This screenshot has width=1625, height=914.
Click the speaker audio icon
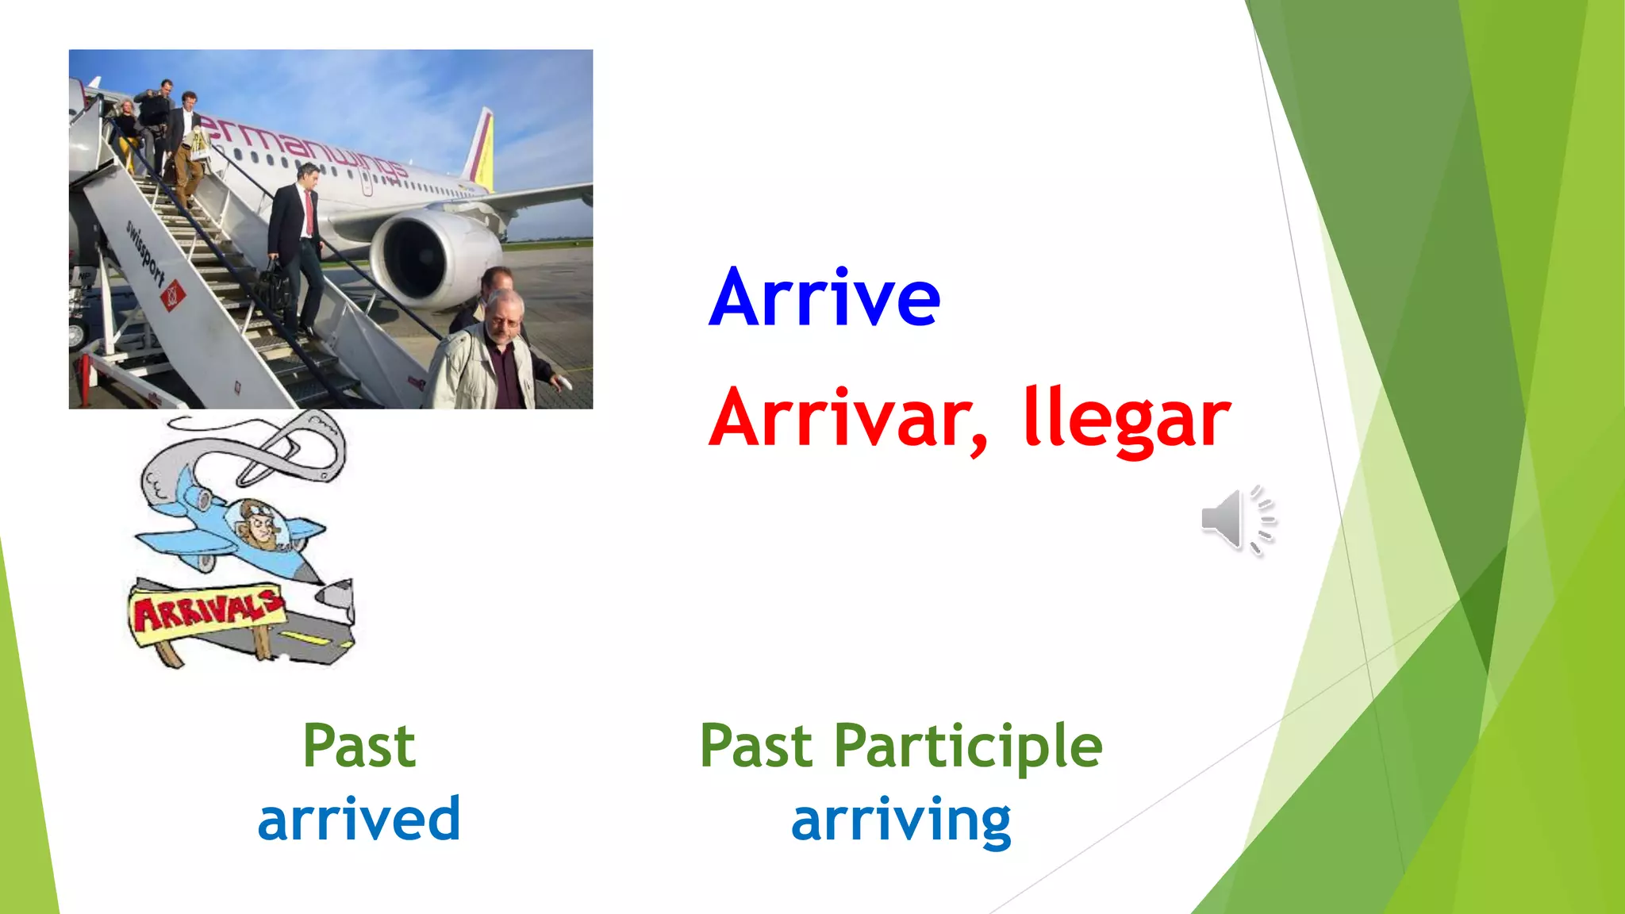click(x=1236, y=520)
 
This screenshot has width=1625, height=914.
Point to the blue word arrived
click(x=359, y=819)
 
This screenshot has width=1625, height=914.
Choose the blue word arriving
click(x=901, y=820)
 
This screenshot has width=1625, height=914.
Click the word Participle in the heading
click(x=968, y=747)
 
